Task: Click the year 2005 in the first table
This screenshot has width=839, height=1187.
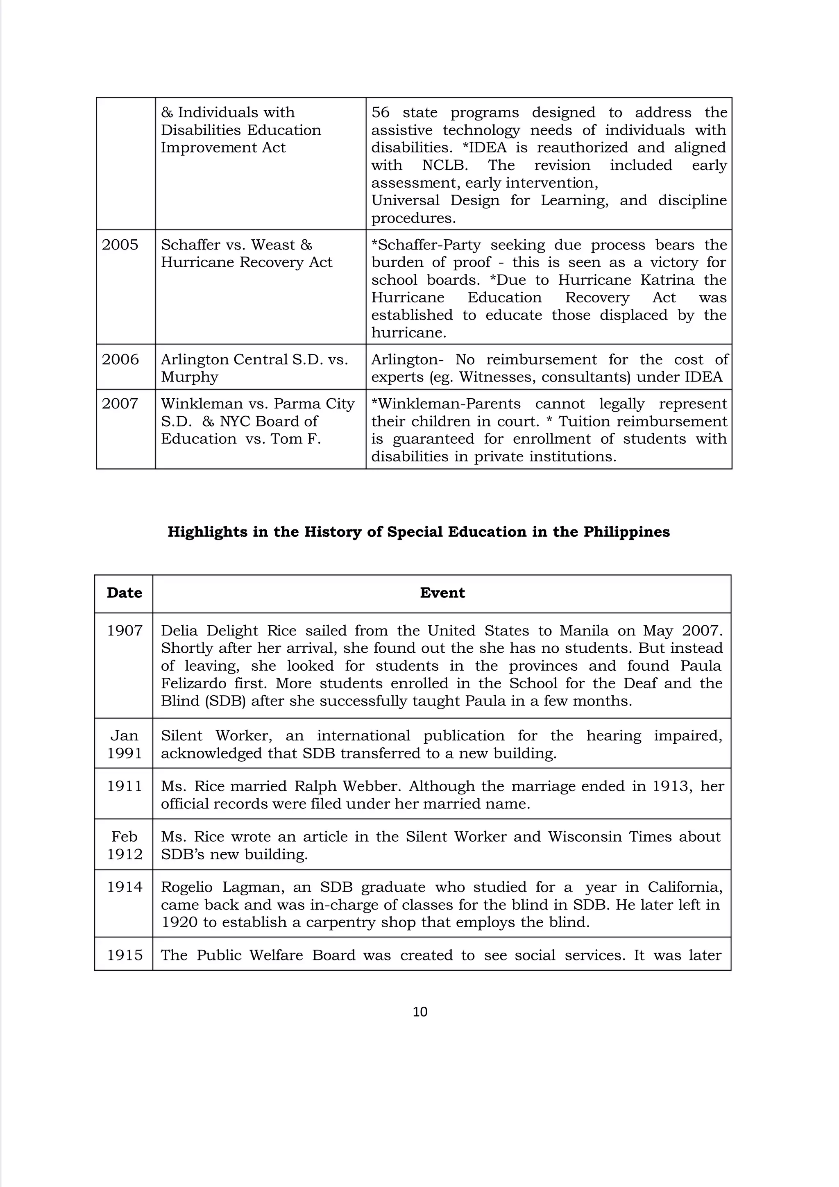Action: [x=120, y=245]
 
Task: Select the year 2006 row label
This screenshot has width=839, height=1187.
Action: [x=120, y=359]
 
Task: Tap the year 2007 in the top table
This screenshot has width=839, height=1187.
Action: [x=120, y=403]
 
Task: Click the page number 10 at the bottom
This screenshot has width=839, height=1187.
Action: [x=420, y=1012]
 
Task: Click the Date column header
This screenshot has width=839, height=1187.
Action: [x=124, y=592]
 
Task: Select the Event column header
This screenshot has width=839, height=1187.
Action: [x=442, y=592]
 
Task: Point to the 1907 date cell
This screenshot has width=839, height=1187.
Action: [x=124, y=630]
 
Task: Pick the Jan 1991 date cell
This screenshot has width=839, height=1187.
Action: [x=124, y=744]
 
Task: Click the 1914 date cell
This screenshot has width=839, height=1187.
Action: [x=124, y=887]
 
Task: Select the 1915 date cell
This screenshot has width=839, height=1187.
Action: [x=124, y=955]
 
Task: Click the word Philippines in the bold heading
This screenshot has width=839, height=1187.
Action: [x=626, y=532]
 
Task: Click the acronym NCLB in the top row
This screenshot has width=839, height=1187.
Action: [x=444, y=165]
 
